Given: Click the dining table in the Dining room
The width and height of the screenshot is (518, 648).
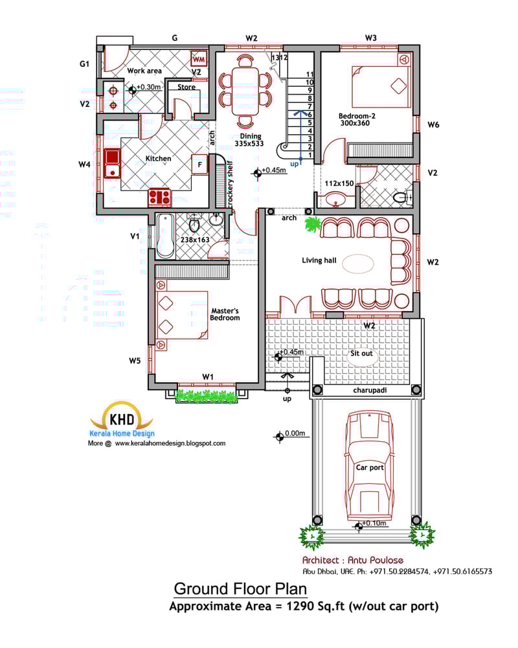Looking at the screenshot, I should click(x=245, y=90).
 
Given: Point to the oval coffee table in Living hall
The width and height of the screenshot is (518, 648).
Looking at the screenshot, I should click(x=357, y=264).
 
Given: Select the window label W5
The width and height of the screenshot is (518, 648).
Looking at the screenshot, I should click(x=134, y=360).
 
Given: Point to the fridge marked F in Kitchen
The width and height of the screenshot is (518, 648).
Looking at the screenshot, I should click(x=200, y=165).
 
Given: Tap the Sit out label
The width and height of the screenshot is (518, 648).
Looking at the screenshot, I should click(x=361, y=354).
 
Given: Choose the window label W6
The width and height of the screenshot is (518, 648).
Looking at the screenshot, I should click(x=433, y=124).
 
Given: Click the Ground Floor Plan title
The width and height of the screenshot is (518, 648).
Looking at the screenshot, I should click(x=240, y=589).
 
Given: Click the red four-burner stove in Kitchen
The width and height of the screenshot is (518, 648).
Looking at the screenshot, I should click(x=159, y=196).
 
